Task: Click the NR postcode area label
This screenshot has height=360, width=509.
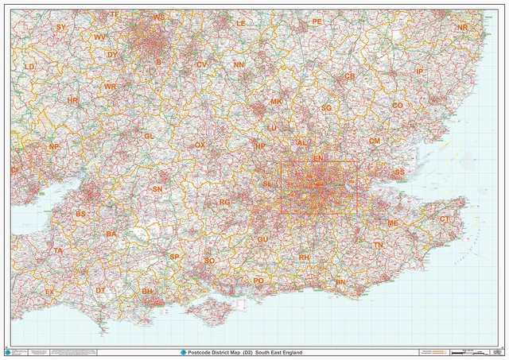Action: click(462, 28)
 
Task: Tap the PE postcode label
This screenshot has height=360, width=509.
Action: click(317, 21)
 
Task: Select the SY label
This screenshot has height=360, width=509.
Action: click(61, 27)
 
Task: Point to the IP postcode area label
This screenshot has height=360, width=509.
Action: click(419, 72)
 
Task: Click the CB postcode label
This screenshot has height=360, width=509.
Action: click(349, 76)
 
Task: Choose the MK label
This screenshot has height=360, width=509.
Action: click(276, 102)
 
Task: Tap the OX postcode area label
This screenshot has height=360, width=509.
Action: click(200, 145)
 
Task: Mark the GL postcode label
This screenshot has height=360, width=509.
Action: click(149, 136)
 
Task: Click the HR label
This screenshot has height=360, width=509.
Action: click(73, 101)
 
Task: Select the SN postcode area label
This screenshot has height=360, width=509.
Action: click(157, 189)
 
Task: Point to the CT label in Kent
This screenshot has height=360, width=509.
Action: click(445, 219)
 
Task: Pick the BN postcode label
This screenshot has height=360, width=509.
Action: click(341, 282)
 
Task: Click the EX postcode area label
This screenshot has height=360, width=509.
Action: click(49, 292)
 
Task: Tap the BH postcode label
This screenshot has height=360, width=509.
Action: click(147, 292)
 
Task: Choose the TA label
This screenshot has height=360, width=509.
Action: click(57, 251)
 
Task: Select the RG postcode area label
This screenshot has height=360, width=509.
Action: click(225, 203)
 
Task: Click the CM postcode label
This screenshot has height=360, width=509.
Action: click(374, 141)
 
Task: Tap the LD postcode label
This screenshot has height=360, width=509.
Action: click(29, 67)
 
